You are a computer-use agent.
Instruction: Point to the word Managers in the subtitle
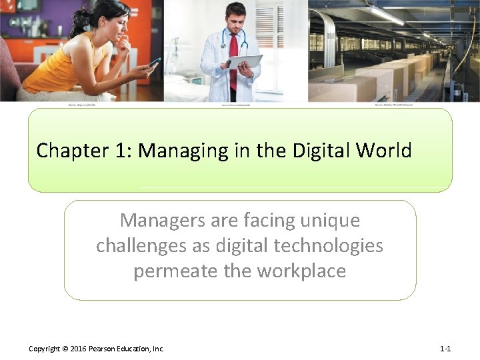coord(159,220)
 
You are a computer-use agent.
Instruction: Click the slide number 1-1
coord(445,349)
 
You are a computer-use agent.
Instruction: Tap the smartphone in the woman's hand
coord(155,62)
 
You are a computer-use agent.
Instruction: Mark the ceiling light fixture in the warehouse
coord(387,15)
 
